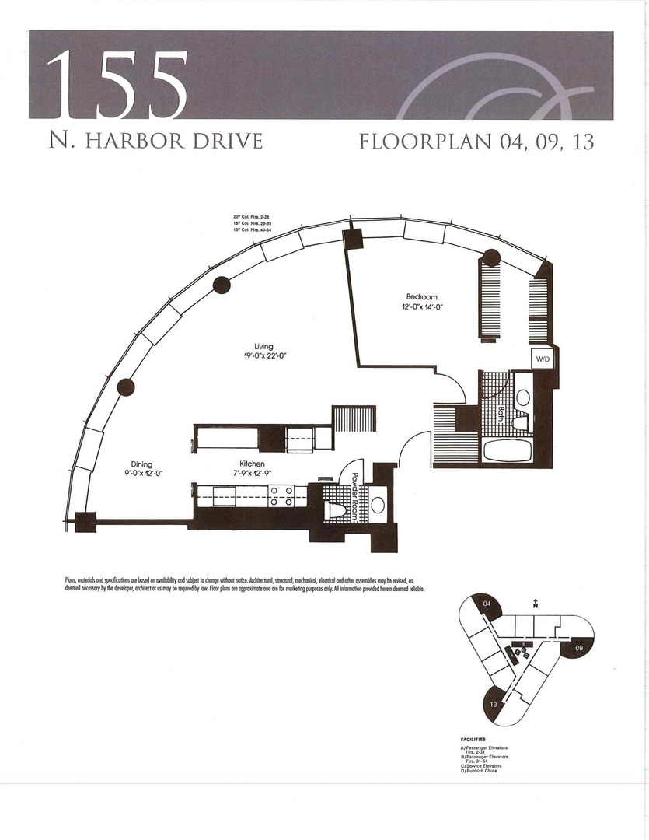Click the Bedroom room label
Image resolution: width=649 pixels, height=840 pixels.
click(x=422, y=297)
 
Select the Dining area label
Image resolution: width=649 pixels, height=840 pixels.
click(x=141, y=464)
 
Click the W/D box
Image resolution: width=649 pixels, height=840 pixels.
click(x=540, y=359)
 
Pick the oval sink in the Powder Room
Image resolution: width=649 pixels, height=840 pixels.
click(x=378, y=506)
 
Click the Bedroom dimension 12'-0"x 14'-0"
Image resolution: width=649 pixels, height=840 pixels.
click(x=422, y=307)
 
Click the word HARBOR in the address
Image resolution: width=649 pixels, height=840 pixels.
click(x=150, y=142)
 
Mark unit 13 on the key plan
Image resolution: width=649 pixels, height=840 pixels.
click(x=494, y=703)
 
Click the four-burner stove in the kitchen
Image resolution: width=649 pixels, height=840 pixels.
click(x=280, y=496)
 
